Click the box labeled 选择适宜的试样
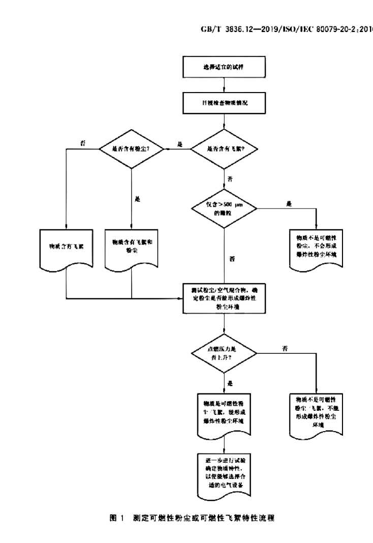click(224, 67)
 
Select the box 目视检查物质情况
click(224, 102)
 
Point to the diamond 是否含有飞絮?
click(224, 149)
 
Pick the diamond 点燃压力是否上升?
click(224, 352)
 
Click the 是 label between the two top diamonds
click(179, 144)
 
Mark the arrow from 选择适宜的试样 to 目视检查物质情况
click(224, 84)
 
